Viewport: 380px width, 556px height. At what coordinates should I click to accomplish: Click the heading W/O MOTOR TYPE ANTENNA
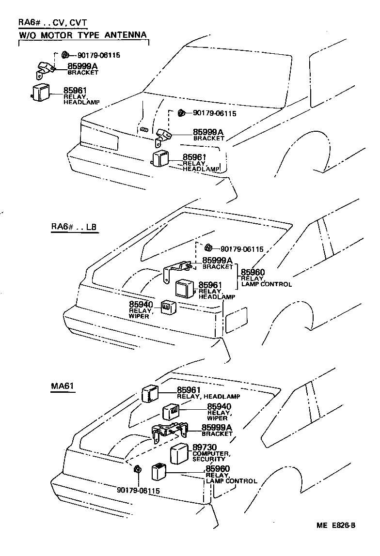[82, 35]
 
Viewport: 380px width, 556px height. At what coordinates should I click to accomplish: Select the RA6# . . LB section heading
[74, 227]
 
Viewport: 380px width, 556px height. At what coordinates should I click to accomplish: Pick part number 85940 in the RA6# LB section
[141, 304]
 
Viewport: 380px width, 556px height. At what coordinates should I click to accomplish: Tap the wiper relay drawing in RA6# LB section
[168, 306]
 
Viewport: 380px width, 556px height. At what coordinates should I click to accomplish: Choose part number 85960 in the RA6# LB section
[253, 272]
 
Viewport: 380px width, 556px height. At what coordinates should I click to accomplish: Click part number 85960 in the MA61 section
[218, 468]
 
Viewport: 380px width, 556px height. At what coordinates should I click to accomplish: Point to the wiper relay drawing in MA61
[171, 412]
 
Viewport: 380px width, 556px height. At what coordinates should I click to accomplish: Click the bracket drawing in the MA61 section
[169, 431]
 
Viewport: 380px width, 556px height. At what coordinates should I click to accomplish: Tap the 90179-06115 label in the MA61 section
[138, 490]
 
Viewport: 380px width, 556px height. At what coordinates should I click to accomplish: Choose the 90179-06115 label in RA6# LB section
[242, 249]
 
